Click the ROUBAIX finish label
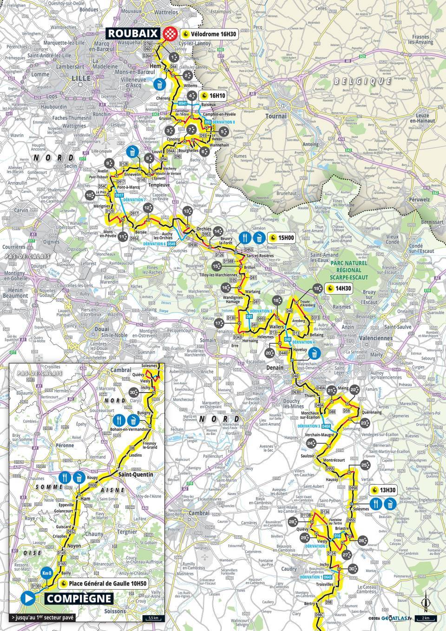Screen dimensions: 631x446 (134, 33)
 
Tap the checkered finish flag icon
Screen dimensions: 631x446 (170, 33)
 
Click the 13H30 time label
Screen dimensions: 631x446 (385, 490)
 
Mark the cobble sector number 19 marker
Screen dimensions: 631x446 (317, 289)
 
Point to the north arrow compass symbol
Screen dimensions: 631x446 (425, 604)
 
